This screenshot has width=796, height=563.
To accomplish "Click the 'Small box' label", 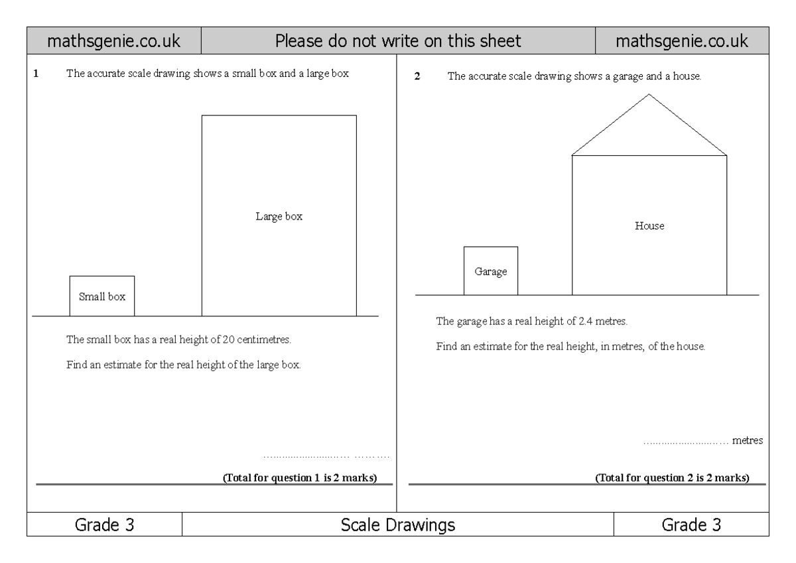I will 102,297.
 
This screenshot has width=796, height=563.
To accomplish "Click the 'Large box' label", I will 279,216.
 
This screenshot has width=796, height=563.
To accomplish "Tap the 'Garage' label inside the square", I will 491,272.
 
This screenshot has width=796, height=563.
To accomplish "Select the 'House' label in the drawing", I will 649,226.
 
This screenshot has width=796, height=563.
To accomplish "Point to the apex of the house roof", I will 649,94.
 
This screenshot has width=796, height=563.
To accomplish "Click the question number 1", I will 35,74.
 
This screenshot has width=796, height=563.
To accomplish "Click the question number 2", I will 417,76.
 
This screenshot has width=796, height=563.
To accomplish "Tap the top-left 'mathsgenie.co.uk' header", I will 113,41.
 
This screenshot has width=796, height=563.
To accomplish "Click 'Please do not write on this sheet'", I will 398,41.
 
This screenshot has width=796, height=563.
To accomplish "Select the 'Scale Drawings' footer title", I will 398,525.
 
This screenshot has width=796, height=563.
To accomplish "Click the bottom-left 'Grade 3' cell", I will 104,525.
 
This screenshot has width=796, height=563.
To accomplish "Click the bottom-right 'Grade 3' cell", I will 691,525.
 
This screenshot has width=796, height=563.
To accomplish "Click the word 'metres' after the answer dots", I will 748,440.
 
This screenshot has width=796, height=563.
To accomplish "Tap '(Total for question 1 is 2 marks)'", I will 300,478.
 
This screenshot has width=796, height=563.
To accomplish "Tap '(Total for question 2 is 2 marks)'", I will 673,478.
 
